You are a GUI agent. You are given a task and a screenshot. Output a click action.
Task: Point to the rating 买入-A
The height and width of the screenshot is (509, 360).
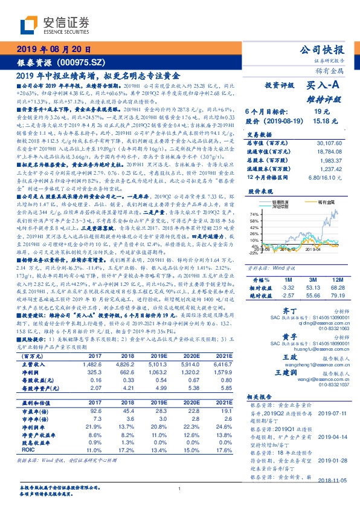click(x=324, y=86)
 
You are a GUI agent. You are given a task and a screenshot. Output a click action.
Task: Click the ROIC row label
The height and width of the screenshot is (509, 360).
click(x=28, y=449)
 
